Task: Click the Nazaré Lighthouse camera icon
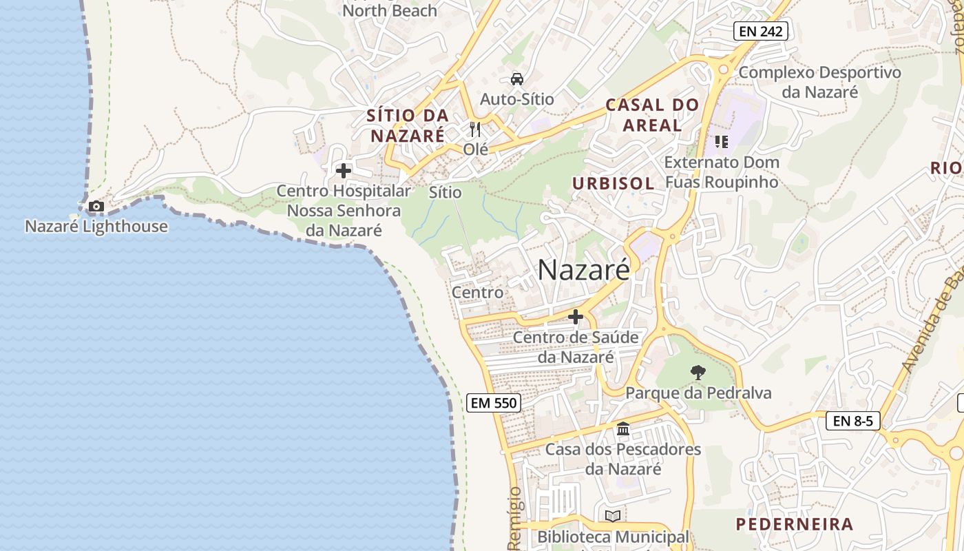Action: [96, 206]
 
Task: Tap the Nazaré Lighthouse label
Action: [96, 226]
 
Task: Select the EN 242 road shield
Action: [760, 30]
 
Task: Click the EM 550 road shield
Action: [493, 403]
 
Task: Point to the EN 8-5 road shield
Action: [852, 420]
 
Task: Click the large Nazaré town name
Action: [583, 269]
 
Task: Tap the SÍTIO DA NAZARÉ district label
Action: [408, 125]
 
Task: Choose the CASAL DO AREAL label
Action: [652, 115]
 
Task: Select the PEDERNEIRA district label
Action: [795, 524]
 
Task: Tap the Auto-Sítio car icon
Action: [517, 79]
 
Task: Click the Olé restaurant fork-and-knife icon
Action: [475, 129]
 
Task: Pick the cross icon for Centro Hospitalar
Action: [343, 170]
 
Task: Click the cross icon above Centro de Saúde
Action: [576, 317]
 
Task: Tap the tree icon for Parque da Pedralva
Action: [698, 373]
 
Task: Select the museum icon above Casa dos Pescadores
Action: [623, 429]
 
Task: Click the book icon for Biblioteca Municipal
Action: [612, 516]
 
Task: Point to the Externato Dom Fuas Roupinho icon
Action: [721, 142]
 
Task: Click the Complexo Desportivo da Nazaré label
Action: [819, 81]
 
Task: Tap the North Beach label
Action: [390, 10]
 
